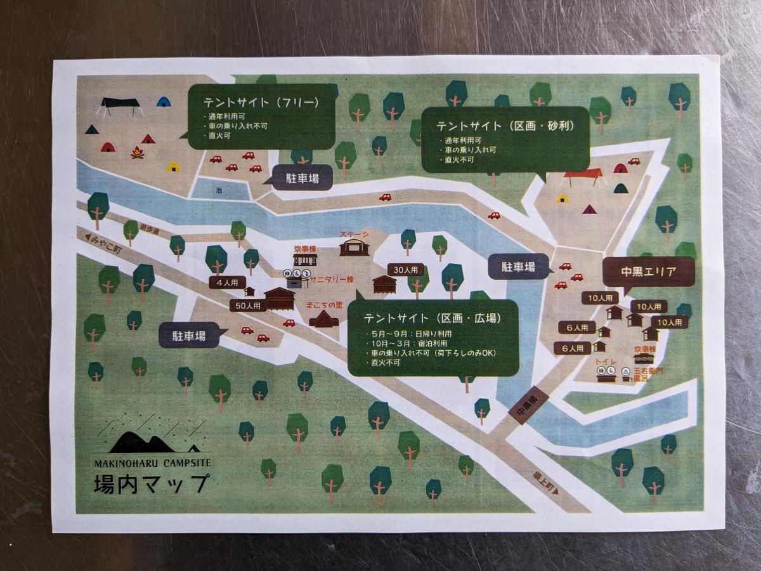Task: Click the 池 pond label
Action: click(x=219, y=190)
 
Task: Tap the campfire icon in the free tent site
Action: click(x=138, y=152)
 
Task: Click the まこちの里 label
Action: click(x=324, y=306)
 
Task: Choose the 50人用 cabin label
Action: click(x=247, y=306)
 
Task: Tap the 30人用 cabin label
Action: click(x=405, y=270)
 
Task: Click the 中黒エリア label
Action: click(x=648, y=272)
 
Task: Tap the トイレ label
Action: click(x=602, y=361)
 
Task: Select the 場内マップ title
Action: click(x=150, y=484)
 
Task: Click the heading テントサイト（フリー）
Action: click(x=260, y=103)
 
